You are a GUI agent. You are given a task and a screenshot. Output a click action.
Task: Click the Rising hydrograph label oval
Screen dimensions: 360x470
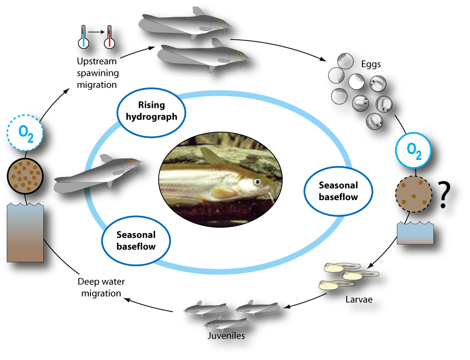coord(151,110)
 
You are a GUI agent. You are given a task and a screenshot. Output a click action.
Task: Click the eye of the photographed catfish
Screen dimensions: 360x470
coord(257,182)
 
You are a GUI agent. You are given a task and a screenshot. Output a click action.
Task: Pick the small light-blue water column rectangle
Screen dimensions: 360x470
coord(415,233)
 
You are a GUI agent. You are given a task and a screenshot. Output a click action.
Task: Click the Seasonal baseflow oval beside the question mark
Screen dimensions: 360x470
coord(338,191)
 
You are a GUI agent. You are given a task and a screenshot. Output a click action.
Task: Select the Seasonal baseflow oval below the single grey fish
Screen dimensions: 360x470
coord(136,240)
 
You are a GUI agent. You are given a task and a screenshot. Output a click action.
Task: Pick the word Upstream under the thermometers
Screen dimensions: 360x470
coord(97,61)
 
